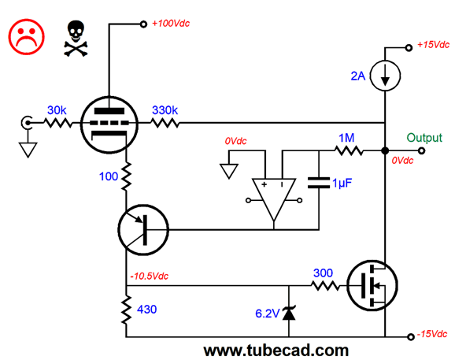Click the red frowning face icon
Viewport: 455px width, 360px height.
tap(27, 37)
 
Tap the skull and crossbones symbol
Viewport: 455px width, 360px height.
tap(76, 39)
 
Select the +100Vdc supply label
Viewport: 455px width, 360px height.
tap(171, 23)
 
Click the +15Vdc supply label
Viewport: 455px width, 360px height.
tap(433, 44)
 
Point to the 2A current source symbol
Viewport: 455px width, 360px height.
tap(385, 76)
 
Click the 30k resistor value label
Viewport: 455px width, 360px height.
tap(57, 110)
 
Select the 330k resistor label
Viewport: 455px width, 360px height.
tap(165, 110)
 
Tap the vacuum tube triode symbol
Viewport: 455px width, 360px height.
tap(109, 124)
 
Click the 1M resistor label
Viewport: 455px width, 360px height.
tap(346, 138)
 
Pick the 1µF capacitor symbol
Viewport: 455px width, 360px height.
tap(319, 183)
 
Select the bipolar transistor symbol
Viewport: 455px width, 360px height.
tap(143, 230)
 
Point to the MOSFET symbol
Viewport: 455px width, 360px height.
tap(372, 285)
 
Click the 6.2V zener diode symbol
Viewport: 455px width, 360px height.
tap(289, 314)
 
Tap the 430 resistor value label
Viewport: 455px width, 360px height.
tap(147, 310)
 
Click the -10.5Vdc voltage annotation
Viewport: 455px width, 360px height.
tap(149, 276)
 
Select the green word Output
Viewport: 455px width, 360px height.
tap(424, 138)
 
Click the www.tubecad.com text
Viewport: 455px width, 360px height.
tap(276, 351)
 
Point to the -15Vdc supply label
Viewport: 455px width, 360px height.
tap(432, 334)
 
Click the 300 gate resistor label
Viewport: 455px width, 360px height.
tap(323, 273)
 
